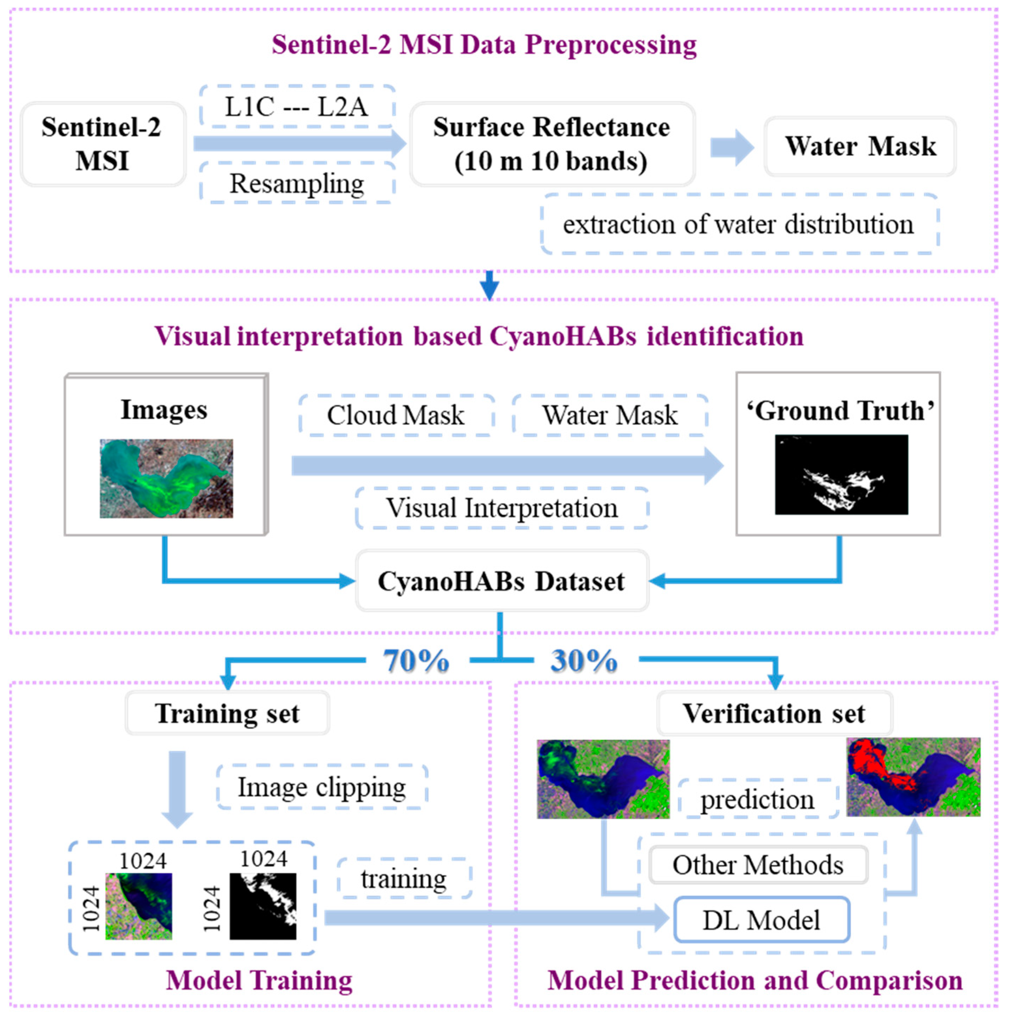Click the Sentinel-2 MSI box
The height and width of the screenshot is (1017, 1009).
103,144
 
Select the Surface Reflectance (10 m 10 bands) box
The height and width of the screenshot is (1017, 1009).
552,144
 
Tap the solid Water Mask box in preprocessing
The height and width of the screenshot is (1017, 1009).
860,146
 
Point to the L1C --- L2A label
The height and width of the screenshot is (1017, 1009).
297,107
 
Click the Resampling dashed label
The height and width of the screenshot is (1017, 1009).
297,184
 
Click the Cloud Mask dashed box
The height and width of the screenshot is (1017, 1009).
396,415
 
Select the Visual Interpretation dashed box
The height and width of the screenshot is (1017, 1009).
502,508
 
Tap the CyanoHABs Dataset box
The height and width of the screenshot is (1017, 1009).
502,581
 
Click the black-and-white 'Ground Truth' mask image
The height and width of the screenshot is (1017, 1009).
841,474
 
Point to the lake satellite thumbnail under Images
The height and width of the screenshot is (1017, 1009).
166,478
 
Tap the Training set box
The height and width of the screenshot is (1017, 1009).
227,714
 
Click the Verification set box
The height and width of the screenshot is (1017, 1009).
774,714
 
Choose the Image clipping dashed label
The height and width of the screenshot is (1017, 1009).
322,788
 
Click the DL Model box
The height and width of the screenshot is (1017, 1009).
761,920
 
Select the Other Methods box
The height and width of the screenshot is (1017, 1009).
758,865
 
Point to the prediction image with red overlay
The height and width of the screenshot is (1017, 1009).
913,777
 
